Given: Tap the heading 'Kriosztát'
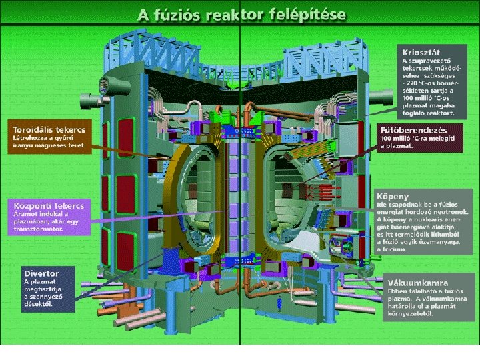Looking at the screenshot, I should point(421,51).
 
